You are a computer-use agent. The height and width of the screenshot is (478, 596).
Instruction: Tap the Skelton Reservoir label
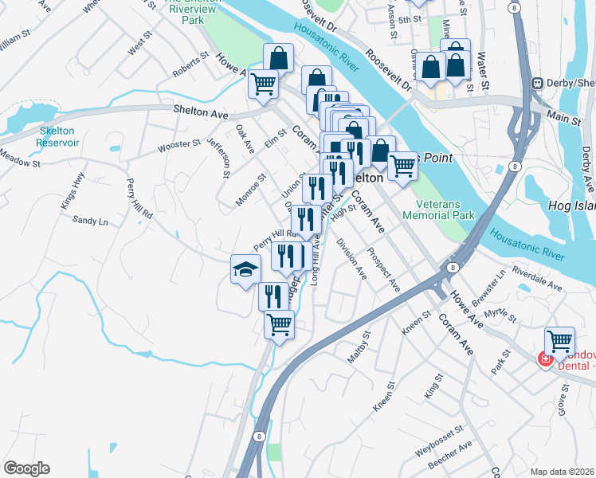pyautogui.click(x=57, y=137)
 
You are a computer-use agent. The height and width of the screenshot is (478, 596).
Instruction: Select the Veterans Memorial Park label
pyautogui.click(x=438, y=209)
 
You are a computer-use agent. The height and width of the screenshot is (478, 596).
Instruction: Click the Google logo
pyautogui.click(x=26, y=468)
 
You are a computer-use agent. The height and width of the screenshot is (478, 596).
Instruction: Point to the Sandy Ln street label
pyautogui.click(x=89, y=220)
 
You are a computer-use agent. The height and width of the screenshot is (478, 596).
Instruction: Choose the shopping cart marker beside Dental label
pyautogui.click(x=559, y=341)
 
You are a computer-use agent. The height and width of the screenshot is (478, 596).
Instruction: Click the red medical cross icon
pyautogui.click(x=545, y=360)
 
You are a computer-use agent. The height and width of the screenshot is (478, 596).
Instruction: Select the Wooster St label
pyautogui.click(x=179, y=144)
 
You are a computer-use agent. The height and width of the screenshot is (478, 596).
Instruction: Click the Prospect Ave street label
pyautogui.click(x=382, y=269)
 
